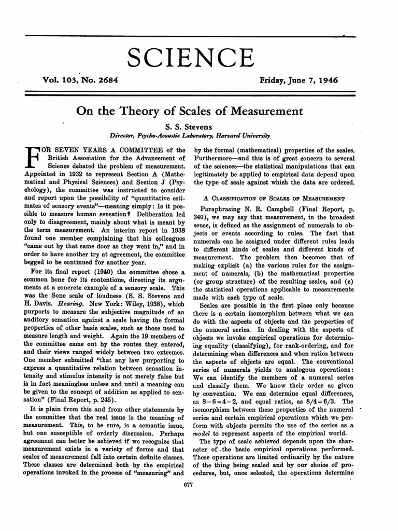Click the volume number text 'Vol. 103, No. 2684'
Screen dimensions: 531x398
pos(86,81)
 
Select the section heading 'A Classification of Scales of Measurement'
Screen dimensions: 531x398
pos(273,198)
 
